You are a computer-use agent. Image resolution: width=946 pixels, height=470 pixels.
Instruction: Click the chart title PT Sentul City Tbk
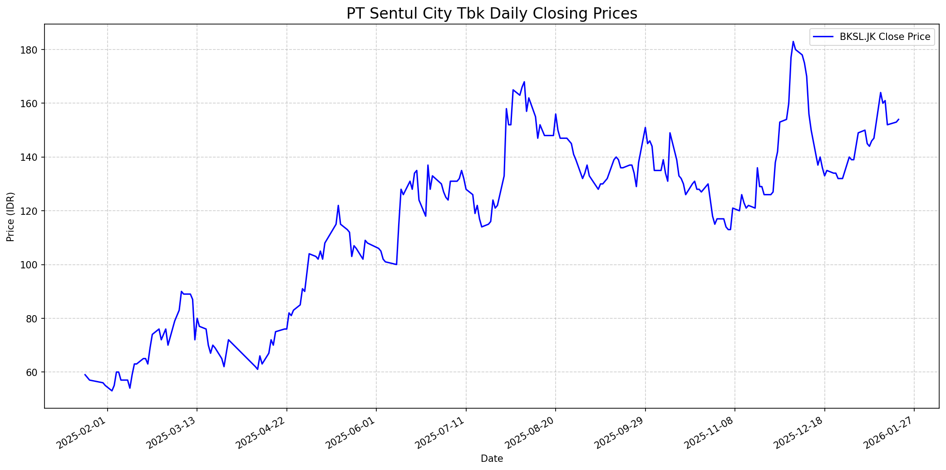point(492,14)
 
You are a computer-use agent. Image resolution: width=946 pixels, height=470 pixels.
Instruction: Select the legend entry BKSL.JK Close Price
point(885,37)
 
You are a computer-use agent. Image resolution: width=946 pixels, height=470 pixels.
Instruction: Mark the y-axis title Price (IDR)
point(10,217)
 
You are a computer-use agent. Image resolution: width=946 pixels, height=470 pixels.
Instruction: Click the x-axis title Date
point(492,459)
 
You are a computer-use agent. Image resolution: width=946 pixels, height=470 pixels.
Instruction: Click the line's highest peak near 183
point(793,41)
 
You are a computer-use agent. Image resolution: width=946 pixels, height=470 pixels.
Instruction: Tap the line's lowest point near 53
point(112,391)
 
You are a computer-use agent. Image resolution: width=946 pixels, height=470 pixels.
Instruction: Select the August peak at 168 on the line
point(524,82)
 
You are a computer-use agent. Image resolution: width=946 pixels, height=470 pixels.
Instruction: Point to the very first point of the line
point(85,375)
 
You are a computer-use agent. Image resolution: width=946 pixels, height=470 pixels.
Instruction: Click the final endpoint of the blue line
point(899,119)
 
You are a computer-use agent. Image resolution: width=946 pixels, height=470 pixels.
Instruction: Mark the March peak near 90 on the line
point(181,292)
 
